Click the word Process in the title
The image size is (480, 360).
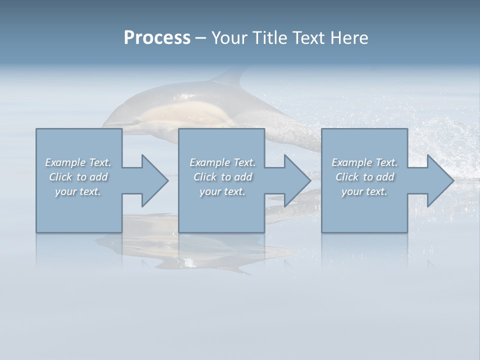[157, 38]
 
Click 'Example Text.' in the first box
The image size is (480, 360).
[78, 162]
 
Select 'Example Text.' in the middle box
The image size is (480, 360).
[222, 162]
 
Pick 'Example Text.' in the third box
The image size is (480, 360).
[364, 162]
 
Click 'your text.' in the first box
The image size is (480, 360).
[78, 191]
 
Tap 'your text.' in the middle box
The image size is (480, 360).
[222, 191]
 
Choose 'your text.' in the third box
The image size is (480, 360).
[364, 191]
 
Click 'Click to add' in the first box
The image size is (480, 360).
[78, 177]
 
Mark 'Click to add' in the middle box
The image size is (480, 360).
[222, 177]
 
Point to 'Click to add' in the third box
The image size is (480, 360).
[364, 177]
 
